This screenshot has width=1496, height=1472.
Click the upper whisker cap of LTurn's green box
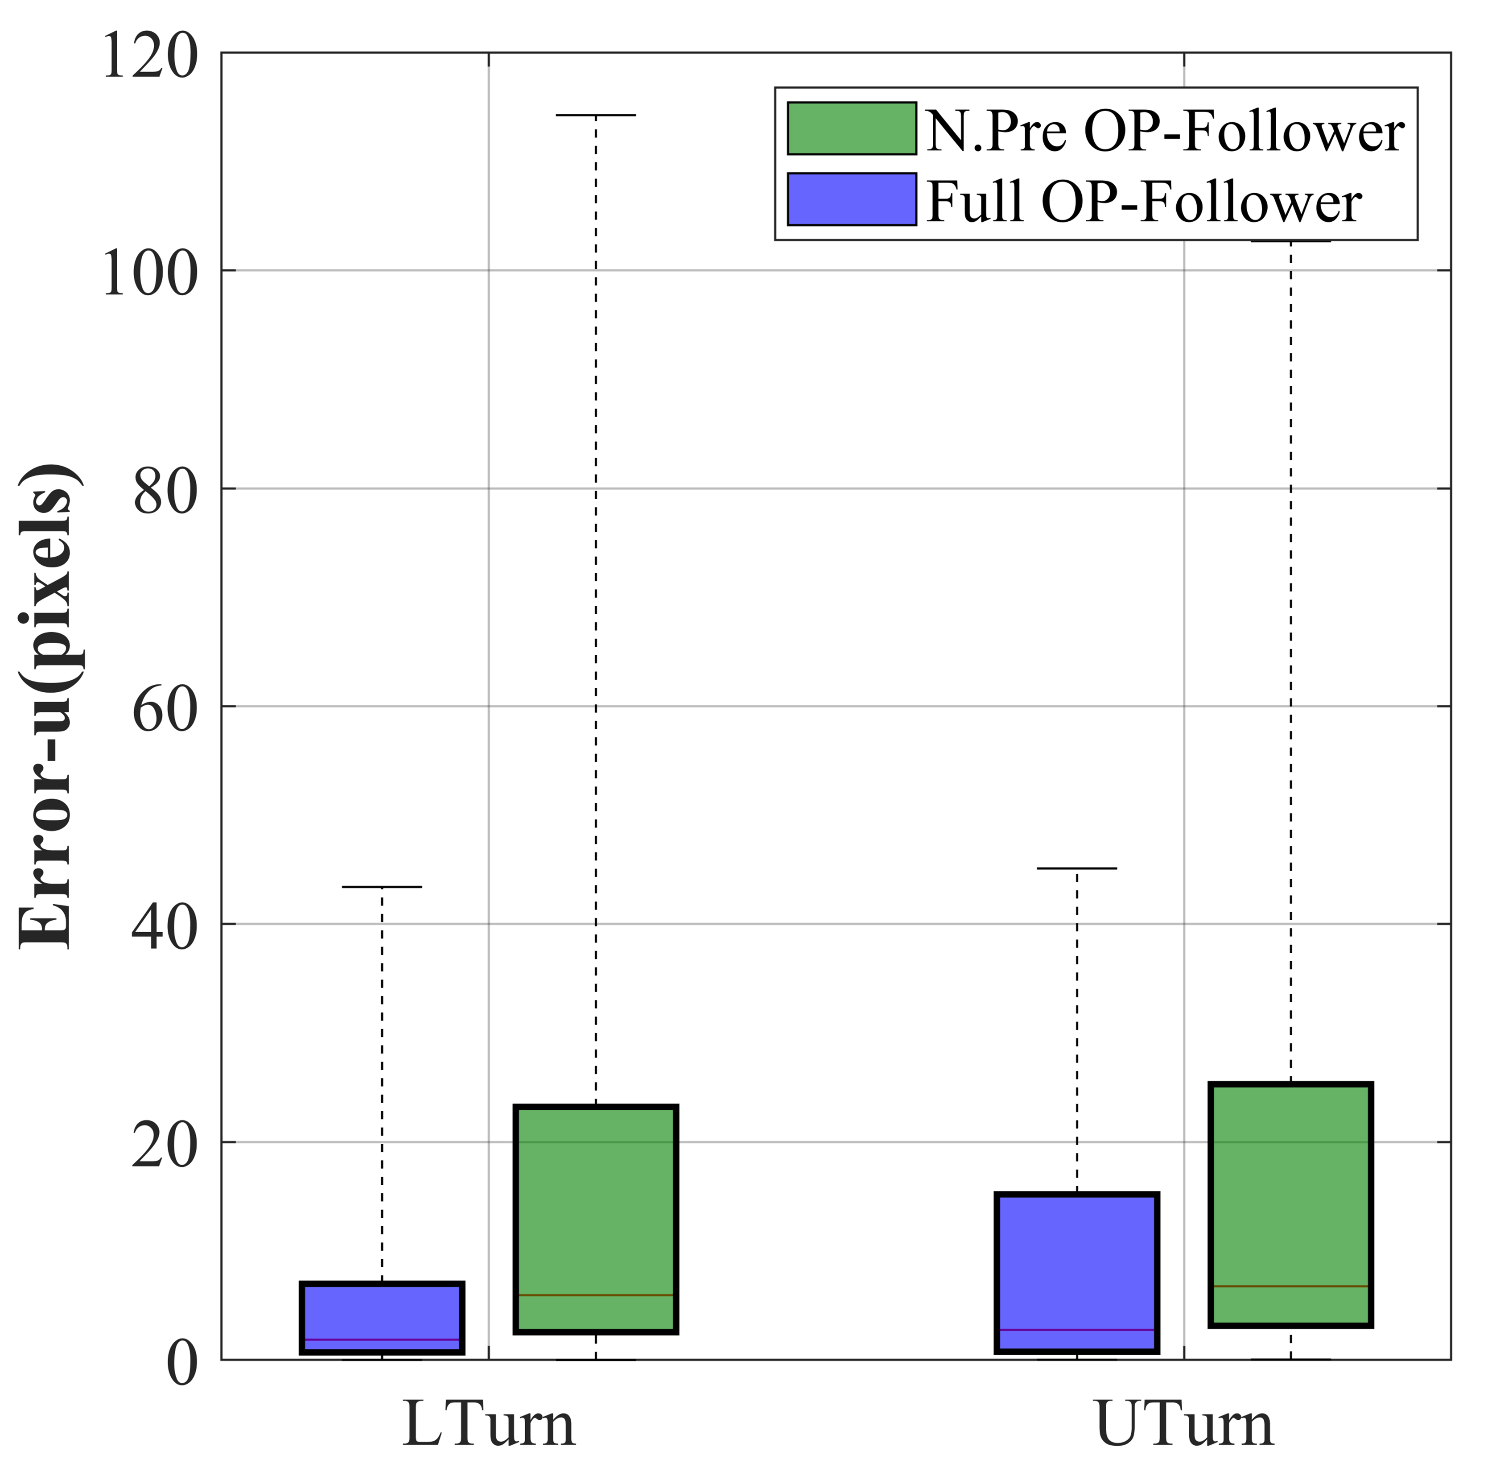tap(596, 115)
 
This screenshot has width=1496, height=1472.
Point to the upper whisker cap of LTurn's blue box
tap(382, 887)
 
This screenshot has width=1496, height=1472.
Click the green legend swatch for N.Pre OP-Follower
tap(852, 128)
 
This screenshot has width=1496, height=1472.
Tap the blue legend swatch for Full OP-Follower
tap(852, 199)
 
